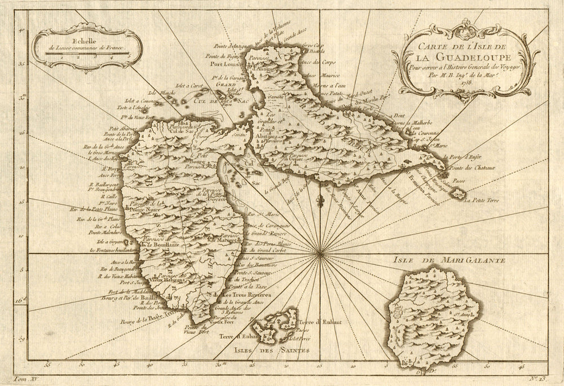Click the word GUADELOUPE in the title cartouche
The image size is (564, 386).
(x=460, y=56)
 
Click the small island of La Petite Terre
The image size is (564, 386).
(x=459, y=195)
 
